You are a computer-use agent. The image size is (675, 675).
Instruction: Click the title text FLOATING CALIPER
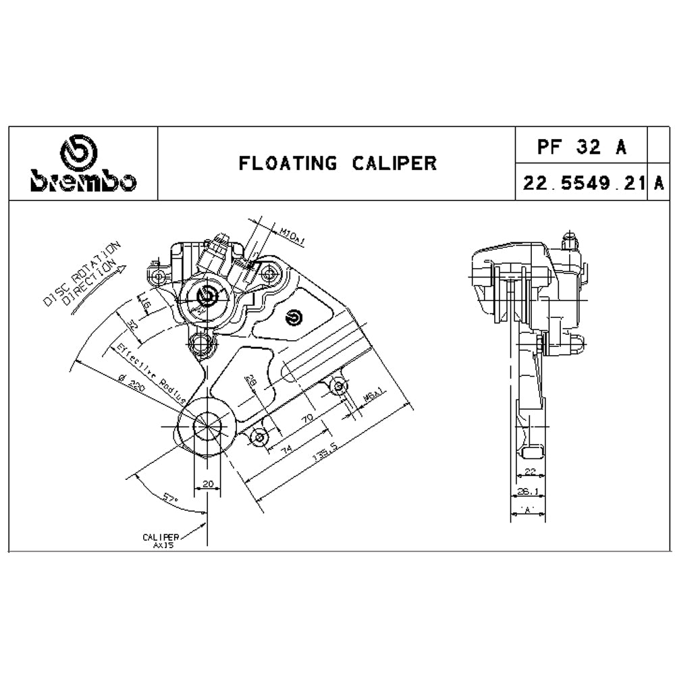coord(337,163)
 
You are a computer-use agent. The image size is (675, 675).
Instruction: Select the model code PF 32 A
coord(582,146)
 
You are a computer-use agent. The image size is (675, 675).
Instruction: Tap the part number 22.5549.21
coord(581,182)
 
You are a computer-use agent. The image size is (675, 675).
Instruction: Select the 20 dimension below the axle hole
coord(207,483)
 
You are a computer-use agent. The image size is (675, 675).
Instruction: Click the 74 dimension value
coord(286,448)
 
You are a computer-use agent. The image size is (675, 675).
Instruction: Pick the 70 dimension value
coord(307,419)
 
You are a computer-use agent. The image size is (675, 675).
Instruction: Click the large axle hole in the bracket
coord(206,426)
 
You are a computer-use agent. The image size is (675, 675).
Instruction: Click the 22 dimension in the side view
coord(529,473)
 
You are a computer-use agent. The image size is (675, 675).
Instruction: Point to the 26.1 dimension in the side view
coord(527,492)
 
